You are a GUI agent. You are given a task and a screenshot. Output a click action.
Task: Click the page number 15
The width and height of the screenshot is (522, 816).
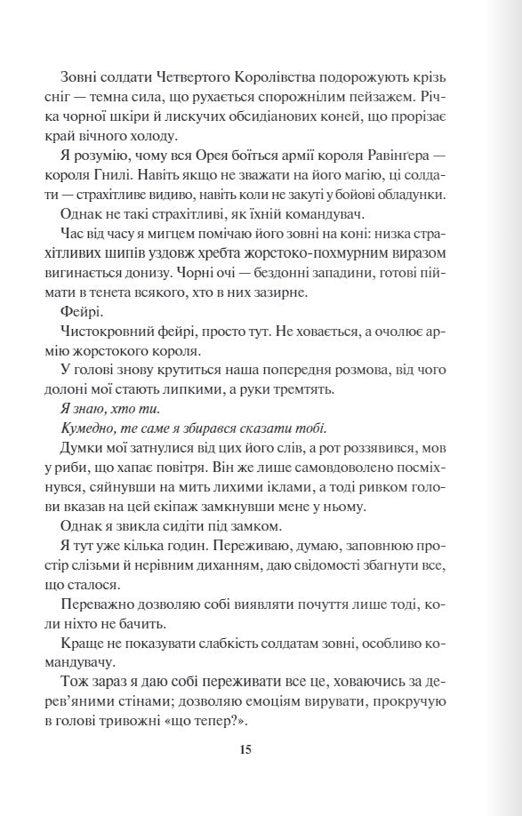pos(245,749)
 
